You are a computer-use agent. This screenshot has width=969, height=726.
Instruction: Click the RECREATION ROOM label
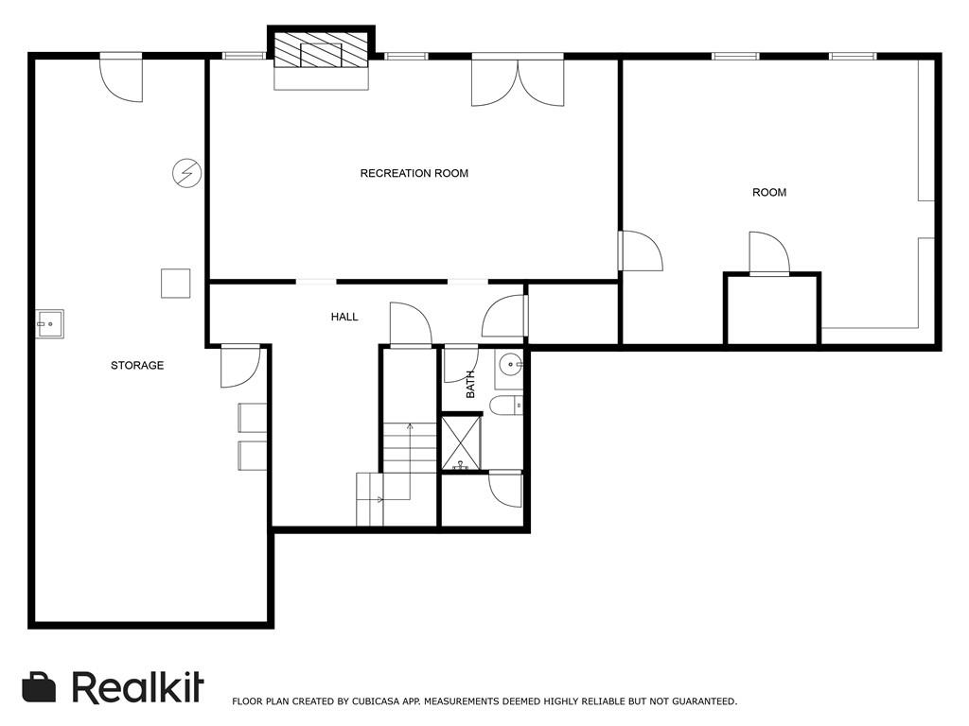pos(414,174)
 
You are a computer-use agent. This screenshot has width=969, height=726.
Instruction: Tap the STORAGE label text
pos(137,366)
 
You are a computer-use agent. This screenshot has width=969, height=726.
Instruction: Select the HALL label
pos(344,317)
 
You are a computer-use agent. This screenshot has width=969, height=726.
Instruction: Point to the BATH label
pos(470,384)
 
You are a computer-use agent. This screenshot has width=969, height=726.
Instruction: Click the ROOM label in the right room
pos(769,193)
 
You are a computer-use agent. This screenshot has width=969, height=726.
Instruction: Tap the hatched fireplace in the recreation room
pos(321,50)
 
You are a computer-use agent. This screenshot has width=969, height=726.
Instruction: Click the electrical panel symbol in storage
pos(186,173)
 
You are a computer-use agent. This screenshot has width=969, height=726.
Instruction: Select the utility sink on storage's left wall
pos(49,324)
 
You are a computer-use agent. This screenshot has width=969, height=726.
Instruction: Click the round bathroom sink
pos(510,365)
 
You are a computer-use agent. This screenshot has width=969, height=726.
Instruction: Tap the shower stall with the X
pos(461,442)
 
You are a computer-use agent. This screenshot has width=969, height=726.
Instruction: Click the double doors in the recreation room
pos(518,80)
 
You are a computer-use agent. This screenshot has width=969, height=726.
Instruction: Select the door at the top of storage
pos(122,78)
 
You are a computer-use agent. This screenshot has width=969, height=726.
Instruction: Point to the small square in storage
pos(175,284)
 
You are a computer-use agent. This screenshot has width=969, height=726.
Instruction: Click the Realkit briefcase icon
pos(39,687)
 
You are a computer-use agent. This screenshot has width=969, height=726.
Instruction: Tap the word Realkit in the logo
pos(138,686)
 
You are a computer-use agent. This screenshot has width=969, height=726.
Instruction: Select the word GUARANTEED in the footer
pos(704,701)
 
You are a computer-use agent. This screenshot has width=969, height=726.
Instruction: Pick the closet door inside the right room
pos(769,253)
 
